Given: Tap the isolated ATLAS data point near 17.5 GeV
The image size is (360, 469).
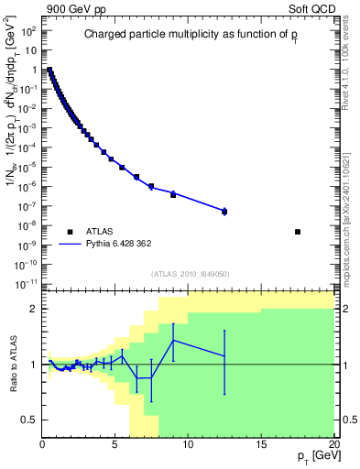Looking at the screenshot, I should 298,232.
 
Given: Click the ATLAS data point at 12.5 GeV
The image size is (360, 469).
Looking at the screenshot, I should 224,211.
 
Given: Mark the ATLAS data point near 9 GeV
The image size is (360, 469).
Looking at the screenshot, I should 173,194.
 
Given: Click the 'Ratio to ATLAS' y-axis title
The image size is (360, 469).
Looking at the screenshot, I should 11,365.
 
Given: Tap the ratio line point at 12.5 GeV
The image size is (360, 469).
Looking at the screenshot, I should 224,355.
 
